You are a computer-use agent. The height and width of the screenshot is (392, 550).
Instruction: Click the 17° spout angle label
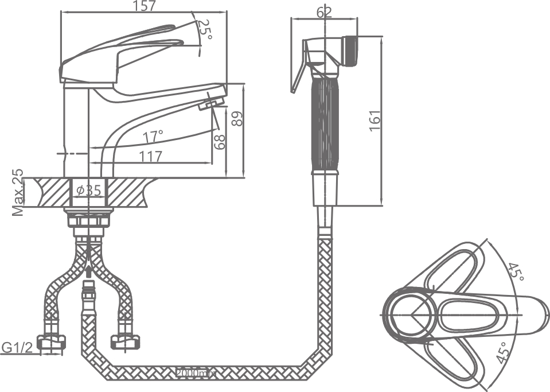(153, 136)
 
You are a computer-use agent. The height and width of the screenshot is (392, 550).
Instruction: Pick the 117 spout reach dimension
(150, 156)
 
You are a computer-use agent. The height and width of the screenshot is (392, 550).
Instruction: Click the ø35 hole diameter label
(88, 190)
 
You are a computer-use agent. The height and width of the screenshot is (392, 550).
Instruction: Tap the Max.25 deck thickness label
(19, 193)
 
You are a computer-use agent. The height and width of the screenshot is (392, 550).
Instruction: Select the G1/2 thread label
(15, 347)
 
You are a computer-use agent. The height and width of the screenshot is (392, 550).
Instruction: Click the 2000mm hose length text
(196, 373)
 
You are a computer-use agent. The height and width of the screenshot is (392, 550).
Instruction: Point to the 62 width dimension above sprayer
(323, 12)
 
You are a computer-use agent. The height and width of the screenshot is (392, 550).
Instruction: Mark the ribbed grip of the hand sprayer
(325, 123)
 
